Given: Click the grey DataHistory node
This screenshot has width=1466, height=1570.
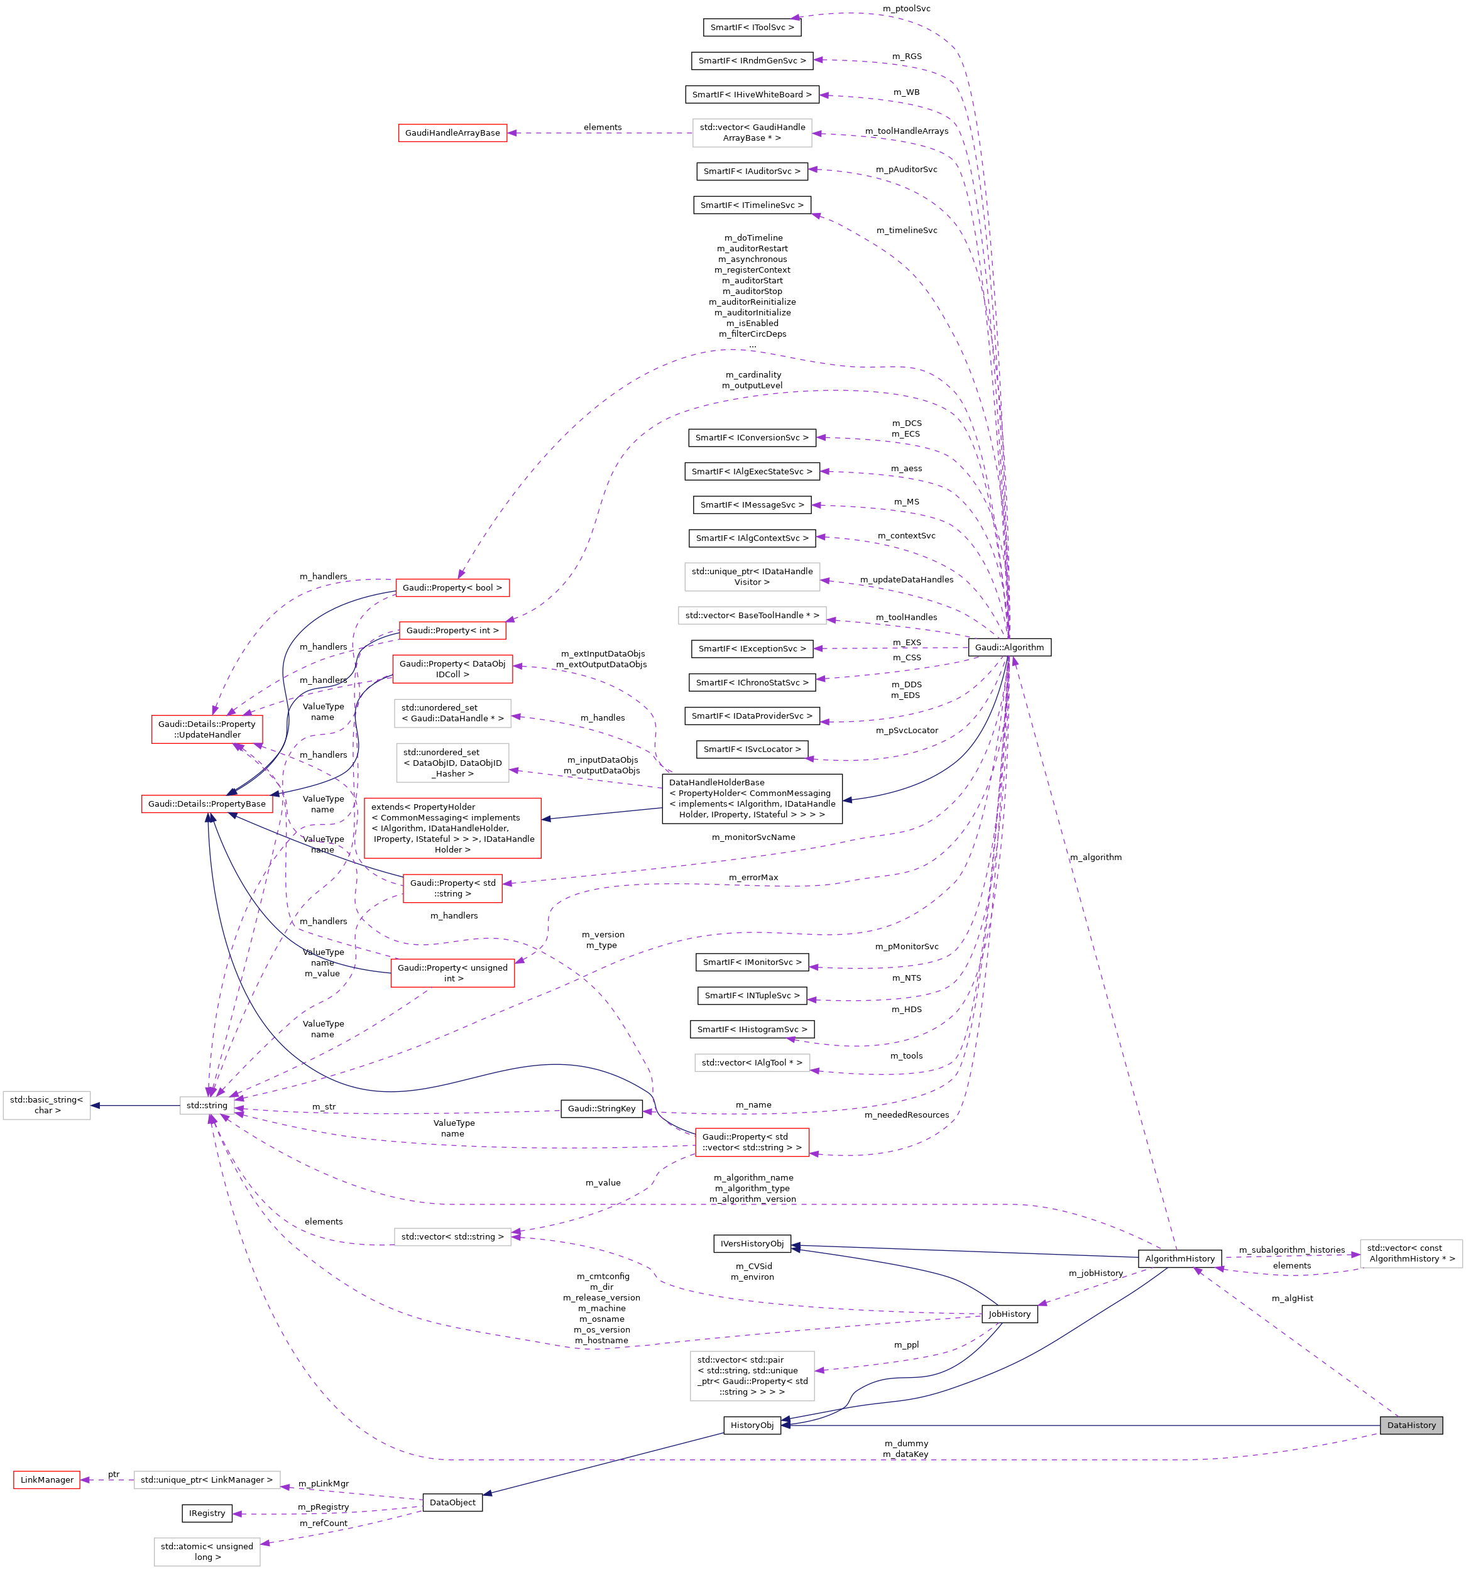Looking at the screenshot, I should tap(1411, 1425).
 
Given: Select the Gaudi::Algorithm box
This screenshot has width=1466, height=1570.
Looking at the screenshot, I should tap(1009, 647).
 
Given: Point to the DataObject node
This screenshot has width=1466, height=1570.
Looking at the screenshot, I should tap(452, 1502).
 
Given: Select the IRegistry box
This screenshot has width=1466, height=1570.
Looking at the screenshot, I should tap(207, 1513).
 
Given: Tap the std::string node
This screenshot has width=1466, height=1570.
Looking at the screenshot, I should tap(206, 1105).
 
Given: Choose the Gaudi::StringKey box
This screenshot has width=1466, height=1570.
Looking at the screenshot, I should tap(601, 1108).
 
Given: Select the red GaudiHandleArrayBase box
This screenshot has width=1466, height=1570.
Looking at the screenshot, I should tap(452, 133).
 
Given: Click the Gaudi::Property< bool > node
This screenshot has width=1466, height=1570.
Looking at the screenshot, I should tap(452, 587).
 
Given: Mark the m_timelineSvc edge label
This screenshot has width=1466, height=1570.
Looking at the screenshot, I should tap(906, 231).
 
